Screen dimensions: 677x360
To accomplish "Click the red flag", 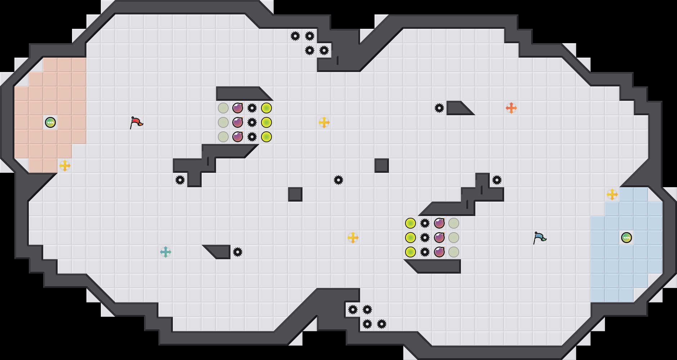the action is [x=136, y=122].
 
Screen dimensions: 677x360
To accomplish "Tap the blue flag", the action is [x=539, y=238].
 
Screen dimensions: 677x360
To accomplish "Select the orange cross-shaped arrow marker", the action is [x=511, y=108].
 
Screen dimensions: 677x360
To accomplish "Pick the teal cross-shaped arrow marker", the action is [x=165, y=252].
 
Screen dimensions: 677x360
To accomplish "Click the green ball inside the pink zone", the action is [x=50, y=122].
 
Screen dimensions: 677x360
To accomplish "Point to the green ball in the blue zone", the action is [x=627, y=238].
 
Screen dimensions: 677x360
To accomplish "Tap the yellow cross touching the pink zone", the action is [x=65, y=166].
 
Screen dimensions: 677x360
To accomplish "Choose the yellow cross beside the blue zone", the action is [x=612, y=194].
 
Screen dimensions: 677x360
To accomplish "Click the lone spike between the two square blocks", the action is [x=338, y=180].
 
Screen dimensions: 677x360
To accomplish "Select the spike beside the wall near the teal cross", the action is [x=238, y=252].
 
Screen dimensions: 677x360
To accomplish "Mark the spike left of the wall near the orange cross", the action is [x=439, y=108].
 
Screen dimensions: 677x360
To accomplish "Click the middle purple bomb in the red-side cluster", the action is [x=238, y=122].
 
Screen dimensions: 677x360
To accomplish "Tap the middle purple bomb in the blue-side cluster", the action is [x=439, y=238].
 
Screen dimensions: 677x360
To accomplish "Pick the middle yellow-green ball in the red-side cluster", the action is [x=266, y=122].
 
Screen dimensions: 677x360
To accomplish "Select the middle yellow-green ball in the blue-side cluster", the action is [x=411, y=238].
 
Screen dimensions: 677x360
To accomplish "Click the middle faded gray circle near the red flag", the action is [x=223, y=122].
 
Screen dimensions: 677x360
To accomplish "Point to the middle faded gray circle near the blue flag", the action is [x=454, y=238].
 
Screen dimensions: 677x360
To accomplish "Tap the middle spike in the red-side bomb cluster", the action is [x=252, y=122].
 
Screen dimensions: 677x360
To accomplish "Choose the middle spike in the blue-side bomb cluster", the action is [x=425, y=238].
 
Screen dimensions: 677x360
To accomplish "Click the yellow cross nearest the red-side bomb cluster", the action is [x=324, y=122].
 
